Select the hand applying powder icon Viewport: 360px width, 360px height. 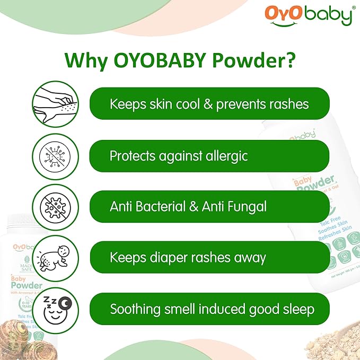click(x=54, y=103)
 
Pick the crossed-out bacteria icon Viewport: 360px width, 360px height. click(x=54, y=206)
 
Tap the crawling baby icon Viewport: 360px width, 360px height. click(x=54, y=258)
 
